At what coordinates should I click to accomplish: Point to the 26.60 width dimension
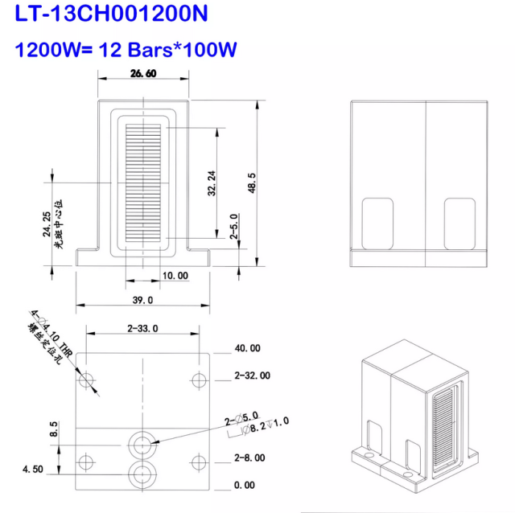(x=142, y=74)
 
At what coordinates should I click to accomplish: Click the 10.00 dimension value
(x=175, y=275)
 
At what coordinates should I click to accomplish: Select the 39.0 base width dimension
(x=142, y=299)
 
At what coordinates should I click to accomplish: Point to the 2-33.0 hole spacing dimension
(x=142, y=327)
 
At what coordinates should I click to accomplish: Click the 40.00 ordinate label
(x=247, y=348)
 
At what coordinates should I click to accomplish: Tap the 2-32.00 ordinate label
(x=252, y=376)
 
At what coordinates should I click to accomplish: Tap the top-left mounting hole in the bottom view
(x=88, y=379)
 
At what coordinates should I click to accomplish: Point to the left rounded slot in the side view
(x=378, y=222)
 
